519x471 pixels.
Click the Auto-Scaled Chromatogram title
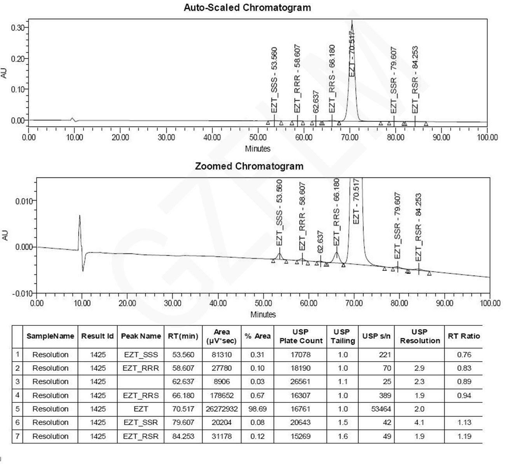tap(247, 7)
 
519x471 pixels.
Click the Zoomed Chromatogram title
tap(249, 166)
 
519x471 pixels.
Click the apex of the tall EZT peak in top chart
tap(352, 21)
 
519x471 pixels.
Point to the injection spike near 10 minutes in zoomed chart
tap(80, 216)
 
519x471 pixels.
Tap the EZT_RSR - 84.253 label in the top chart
tap(415, 80)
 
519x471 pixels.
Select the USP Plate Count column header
tap(301, 336)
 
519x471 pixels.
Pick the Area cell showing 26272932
tap(222, 409)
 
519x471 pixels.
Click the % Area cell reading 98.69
tap(257, 409)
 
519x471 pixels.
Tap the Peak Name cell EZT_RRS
tap(141, 395)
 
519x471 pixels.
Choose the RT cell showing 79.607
tap(183, 422)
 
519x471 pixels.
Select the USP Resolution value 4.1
tap(419, 422)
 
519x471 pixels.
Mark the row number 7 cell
tap(17, 436)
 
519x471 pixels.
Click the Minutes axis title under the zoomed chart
tap(263, 314)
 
